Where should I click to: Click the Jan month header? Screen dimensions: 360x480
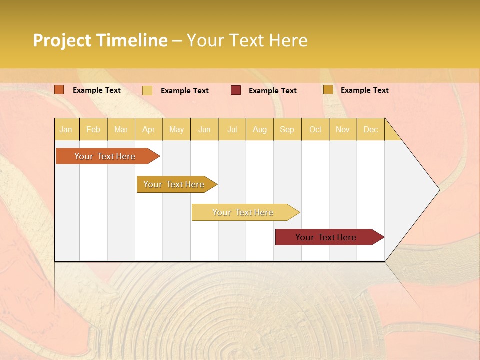click(x=66, y=129)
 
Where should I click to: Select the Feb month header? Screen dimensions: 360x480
click(x=93, y=129)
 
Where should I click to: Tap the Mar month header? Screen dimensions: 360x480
click(x=121, y=129)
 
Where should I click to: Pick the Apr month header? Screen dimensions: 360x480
click(x=149, y=129)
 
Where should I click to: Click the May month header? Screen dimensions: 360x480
click(x=176, y=129)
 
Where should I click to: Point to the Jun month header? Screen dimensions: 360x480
click(x=204, y=129)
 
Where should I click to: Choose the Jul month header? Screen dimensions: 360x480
click(x=232, y=129)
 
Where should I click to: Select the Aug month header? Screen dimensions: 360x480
click(x=260, y=129)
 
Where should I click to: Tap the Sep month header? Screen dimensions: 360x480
click(x=287, y=129)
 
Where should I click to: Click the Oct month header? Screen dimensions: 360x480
click(x=315, y=129)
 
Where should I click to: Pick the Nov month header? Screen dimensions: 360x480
click(x=343, y=129)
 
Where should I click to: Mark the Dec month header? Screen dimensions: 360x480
click(x=371, y=129)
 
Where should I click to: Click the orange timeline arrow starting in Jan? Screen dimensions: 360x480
click(x=105, y=156)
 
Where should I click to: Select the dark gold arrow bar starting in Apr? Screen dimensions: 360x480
click(x=174, y=184)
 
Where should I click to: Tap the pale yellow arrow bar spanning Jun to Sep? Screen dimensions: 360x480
click(x=243, y=212)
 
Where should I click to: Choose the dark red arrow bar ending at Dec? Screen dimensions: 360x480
click(x=326, y=237)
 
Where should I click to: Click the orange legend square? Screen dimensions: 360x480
click(x=59, y=90)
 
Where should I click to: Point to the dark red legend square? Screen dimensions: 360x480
click(x=236, y=90)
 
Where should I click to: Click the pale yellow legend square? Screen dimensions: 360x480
click(x=147, y=90)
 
